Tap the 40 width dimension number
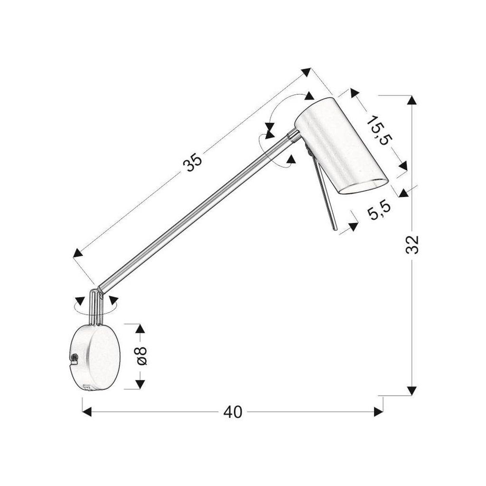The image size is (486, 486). tap(233, 412)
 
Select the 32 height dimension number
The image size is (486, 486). tap(412, 245)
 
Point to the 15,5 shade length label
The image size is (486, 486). tap(379, 130)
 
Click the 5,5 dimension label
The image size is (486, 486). tap(379, 210)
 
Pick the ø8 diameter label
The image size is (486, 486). tap(141, 356)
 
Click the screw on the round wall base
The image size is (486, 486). tap(74, 357)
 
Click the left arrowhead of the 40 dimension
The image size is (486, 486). tap(87, 412)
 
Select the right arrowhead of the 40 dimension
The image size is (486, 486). tap(378, 412)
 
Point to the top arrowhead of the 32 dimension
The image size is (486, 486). tap(411, 100)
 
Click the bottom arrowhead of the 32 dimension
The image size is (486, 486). tap(411, 391)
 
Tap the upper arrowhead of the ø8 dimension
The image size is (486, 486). tap(140, 329)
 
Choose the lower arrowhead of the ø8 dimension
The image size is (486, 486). tap(140, 384)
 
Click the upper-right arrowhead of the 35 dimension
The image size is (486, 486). tap(306, 72)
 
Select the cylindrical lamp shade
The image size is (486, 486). tap(341, 146)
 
